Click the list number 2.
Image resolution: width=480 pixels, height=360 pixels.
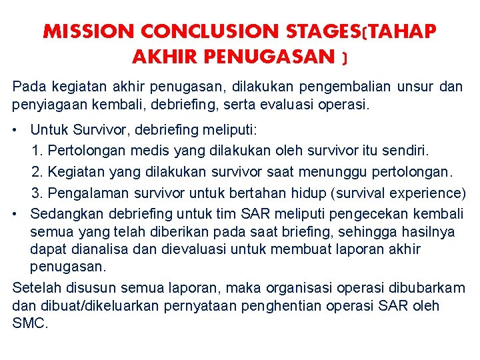36,172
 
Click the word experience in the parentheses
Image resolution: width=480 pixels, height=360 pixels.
427,193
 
